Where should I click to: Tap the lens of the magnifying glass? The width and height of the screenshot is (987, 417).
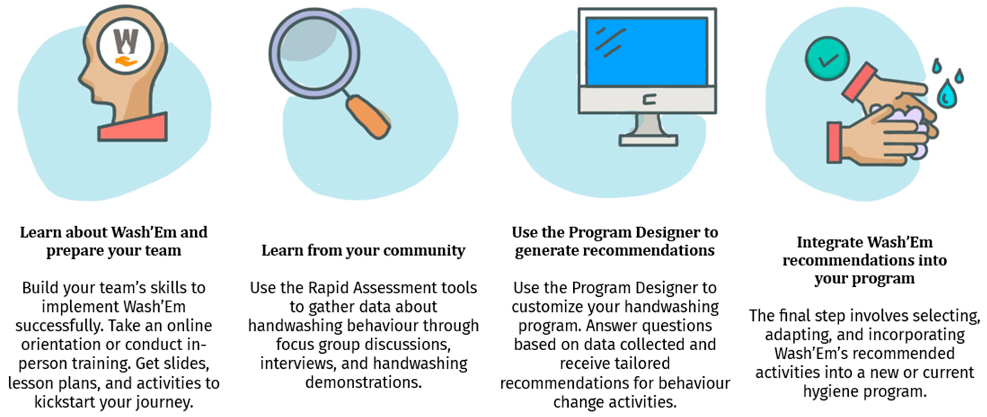[314, 54]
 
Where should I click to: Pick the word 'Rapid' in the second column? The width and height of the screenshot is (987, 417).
[327, 287]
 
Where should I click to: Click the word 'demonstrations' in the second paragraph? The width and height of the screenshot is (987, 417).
[363, 382]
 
